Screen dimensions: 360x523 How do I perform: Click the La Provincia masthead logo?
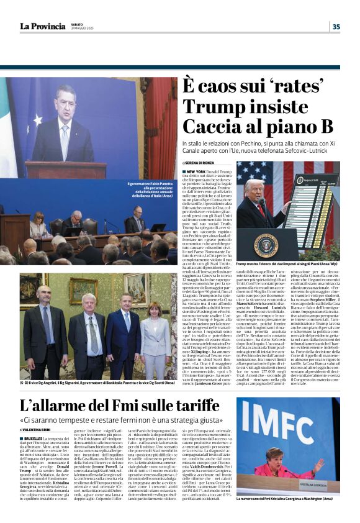tap(42, 25)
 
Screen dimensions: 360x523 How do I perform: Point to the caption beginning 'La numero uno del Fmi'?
tap(286, 498)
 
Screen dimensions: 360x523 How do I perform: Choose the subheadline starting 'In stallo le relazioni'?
tap(261, 145)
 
